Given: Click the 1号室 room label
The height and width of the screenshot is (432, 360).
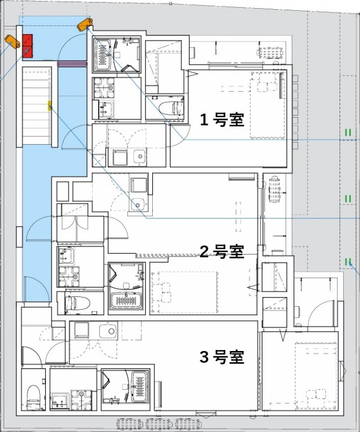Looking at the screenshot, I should (222, 119).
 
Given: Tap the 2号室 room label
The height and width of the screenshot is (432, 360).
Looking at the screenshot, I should (222, 251).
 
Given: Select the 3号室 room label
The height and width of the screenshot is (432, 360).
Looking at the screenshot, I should (222, 357).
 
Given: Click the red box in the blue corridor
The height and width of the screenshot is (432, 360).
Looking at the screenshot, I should (28, 45).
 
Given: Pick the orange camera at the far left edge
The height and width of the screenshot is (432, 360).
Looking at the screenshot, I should (11, 40).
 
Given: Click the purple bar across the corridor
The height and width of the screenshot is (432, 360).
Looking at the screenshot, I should (72, 64).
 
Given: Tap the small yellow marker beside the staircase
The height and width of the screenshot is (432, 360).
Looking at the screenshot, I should (49, 105).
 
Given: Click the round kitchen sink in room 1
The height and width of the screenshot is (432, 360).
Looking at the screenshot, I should (139, 157).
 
